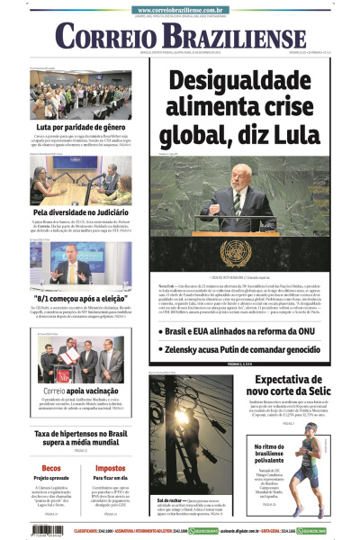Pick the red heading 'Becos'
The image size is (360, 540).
50,468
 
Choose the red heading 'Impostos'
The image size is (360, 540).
110,468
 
